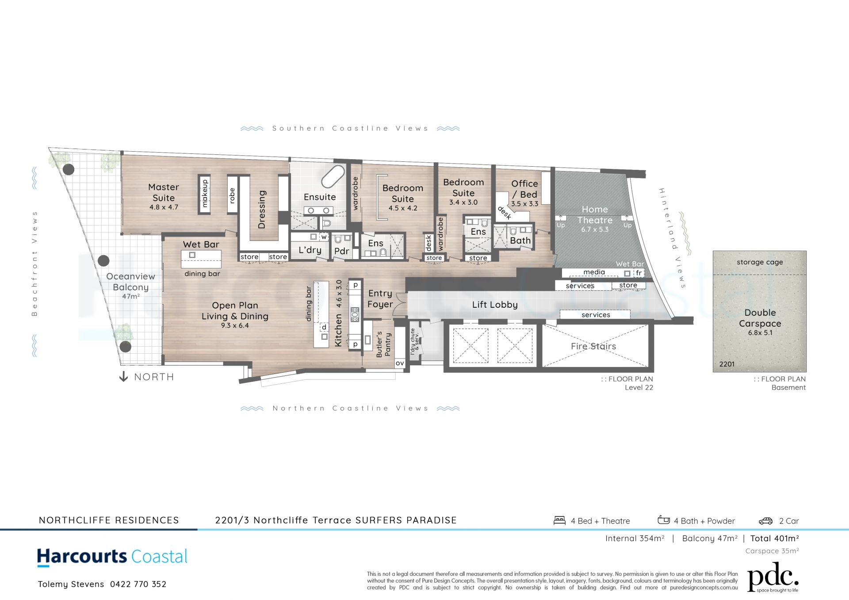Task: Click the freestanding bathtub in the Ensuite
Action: tap(333, 177)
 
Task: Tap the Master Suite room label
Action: tap(164, 192)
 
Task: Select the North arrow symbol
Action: tap(124, 377)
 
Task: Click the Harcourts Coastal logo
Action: tap(112, 557)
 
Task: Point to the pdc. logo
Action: tap(773, 577)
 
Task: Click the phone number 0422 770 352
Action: tap(138, 584)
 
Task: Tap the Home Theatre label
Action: tap(595, 214)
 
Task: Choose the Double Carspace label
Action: tap(760, 318)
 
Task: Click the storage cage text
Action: tap(760, 262)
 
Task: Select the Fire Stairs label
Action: tap(593, 346)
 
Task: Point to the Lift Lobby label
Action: tap(495, 305)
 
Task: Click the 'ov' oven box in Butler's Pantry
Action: tap(400, 363)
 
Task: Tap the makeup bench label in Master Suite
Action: tap(205, 193)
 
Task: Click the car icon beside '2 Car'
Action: tap(765, 521)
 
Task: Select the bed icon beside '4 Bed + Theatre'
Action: tap(560, 520)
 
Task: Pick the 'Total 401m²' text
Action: tap(775, 539)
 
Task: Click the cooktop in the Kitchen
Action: tap(355, 314)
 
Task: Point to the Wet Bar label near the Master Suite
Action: tap(201, 244)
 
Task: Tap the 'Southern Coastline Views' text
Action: tap(350, 128)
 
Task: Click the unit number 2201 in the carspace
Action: tap(727, 364)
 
